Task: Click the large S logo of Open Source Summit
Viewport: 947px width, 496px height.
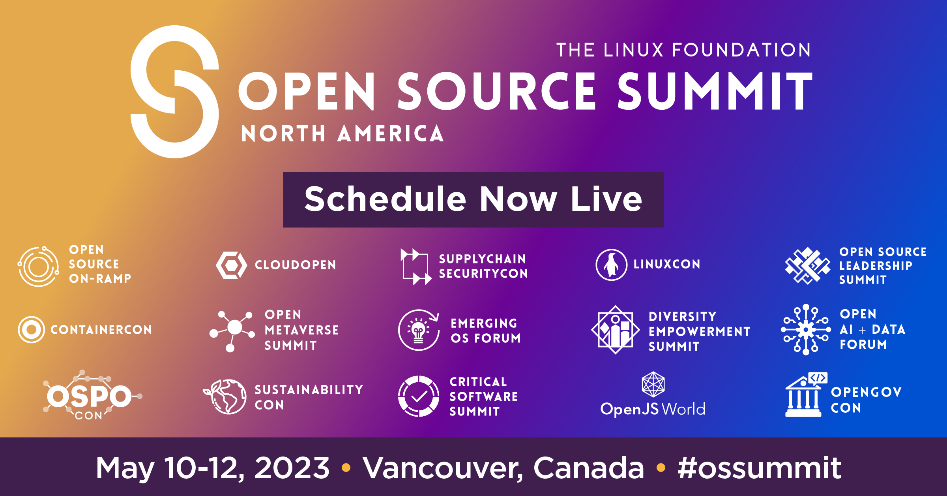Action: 175,92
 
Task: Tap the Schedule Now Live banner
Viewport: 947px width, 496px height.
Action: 473,199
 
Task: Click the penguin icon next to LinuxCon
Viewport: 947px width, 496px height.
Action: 611,265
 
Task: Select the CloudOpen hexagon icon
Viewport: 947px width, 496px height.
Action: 231,265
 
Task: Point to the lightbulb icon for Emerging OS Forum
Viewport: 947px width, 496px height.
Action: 419,330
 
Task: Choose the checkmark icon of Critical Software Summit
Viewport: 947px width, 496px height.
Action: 419,396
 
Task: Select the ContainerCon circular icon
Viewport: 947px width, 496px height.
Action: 31,329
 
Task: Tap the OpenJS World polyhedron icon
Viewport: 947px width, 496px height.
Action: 653,384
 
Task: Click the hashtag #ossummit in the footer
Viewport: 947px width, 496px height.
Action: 759,468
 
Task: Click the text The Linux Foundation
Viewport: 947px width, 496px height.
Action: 683,50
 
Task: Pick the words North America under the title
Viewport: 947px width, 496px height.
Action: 342,133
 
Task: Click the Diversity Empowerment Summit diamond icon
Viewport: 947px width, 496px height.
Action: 615,330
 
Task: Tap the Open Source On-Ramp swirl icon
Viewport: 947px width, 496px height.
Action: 38,266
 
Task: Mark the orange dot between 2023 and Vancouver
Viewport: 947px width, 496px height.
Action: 346,468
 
